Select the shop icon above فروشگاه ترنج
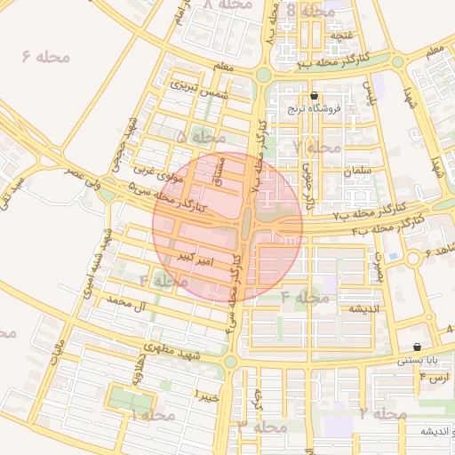click(x=314, y=96)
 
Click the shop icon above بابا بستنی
click(x=418, y=347)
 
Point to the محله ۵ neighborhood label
click(x=200, y=138)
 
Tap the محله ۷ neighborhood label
click(x=317, y=147)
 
